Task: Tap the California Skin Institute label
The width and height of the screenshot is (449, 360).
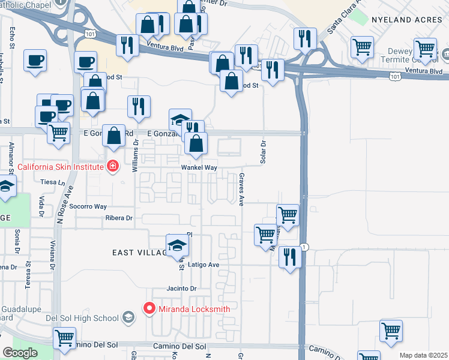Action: [60, 166]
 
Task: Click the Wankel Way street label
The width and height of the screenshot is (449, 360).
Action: [199, 168]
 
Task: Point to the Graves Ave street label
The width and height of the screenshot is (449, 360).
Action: [241, 190]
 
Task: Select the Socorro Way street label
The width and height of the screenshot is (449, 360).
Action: [88, 206]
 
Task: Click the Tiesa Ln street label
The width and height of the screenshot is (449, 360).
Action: [49, 182]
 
